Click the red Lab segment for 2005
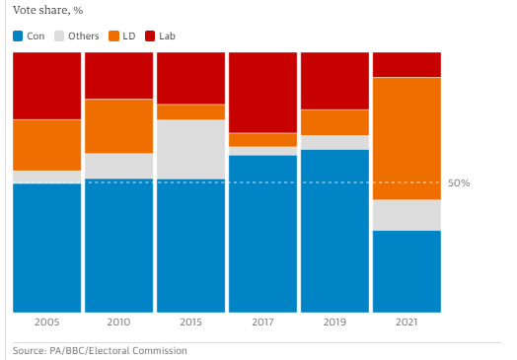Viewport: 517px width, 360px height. pos(46,86)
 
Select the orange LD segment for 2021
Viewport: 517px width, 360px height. pos(406,138)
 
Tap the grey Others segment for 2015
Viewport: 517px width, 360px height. pos(190,149)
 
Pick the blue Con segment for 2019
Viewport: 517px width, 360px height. pos(335,231)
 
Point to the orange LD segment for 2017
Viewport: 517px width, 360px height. pos(262,140)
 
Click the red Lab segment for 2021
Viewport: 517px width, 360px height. pos(406,65)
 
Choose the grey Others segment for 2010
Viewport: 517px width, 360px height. pos(119,166)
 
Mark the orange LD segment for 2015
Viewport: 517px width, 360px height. pos(190,112)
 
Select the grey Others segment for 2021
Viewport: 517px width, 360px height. pos(406,215)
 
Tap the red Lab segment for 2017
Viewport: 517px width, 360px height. pos(262,93)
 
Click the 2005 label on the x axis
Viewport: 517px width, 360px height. pos(46,322)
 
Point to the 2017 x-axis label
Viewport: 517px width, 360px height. pos(262,322)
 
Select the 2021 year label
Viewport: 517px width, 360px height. pos(406,322)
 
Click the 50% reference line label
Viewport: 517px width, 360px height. pos(459,183)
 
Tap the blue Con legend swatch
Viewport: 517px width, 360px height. pos(18,36)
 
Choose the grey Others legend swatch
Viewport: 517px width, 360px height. pos(59,36)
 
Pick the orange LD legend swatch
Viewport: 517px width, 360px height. pos(113,36)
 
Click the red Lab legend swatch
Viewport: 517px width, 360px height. pos(150,36)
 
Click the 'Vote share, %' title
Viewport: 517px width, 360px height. pos(47,11)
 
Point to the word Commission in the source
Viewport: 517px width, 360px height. pos(160,350)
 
